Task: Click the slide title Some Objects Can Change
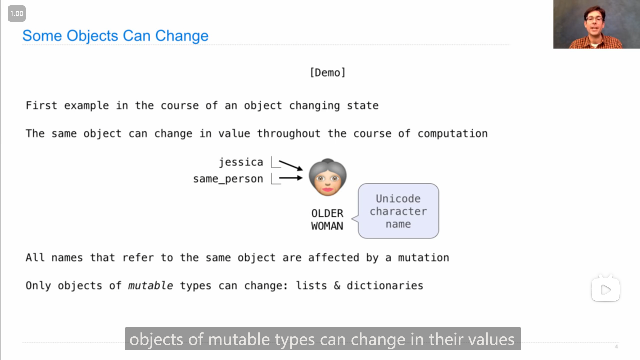pyautogui.click(x=115, y=36)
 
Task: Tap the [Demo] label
pyautogui.click(x=328, y=72)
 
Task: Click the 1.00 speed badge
pyautogui.click(x=17, y=14)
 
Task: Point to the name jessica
pyautogui.click(x=241, y=162)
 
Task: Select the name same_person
pyautogui.click(x=228, y=179)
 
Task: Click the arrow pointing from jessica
pyautogui.click(x=291, y=165)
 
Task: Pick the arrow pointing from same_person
pyautogui.click(x=291, y=178)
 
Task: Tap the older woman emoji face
pyautogui.click(x=328, y=177)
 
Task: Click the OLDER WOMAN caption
pyautogui.click(x=327, y=220)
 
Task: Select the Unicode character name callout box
pyautogui.click(x=398, y=211)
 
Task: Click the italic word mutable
pyautogui.click(x=150, y=286)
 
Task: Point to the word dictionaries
pyautogui.click(x=385, y=286)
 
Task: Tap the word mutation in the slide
pyautogui.click(x=424, y=258)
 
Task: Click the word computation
pyautogui.click(x=453, y=134)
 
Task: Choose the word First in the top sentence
pyautogui.click(x=41, y=106)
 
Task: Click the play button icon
pyautogui.click(x=606, y=289)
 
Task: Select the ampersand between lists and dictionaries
pyautogui.click(x=337, y=286)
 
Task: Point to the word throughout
pyautogui.click(x=289, y=134)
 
